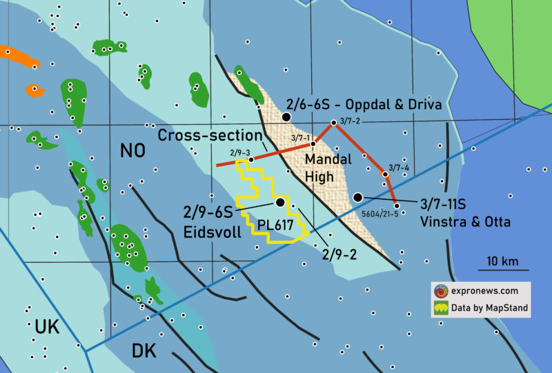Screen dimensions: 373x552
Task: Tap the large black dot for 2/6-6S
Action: click(x=286, y=118)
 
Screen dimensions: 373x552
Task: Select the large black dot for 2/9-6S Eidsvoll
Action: click(x=279, y=203)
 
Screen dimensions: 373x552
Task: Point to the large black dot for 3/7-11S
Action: click(x=357, y=198)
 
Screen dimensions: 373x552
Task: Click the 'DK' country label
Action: click(x=144, y=351)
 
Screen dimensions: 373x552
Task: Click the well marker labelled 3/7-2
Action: click(x=333, y=123)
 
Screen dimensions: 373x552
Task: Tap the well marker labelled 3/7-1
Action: click(x=313, y=144)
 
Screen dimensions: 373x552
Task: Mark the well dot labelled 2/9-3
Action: click(x=251, y=159)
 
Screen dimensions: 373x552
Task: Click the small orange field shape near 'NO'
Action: click(x=34, y=90)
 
